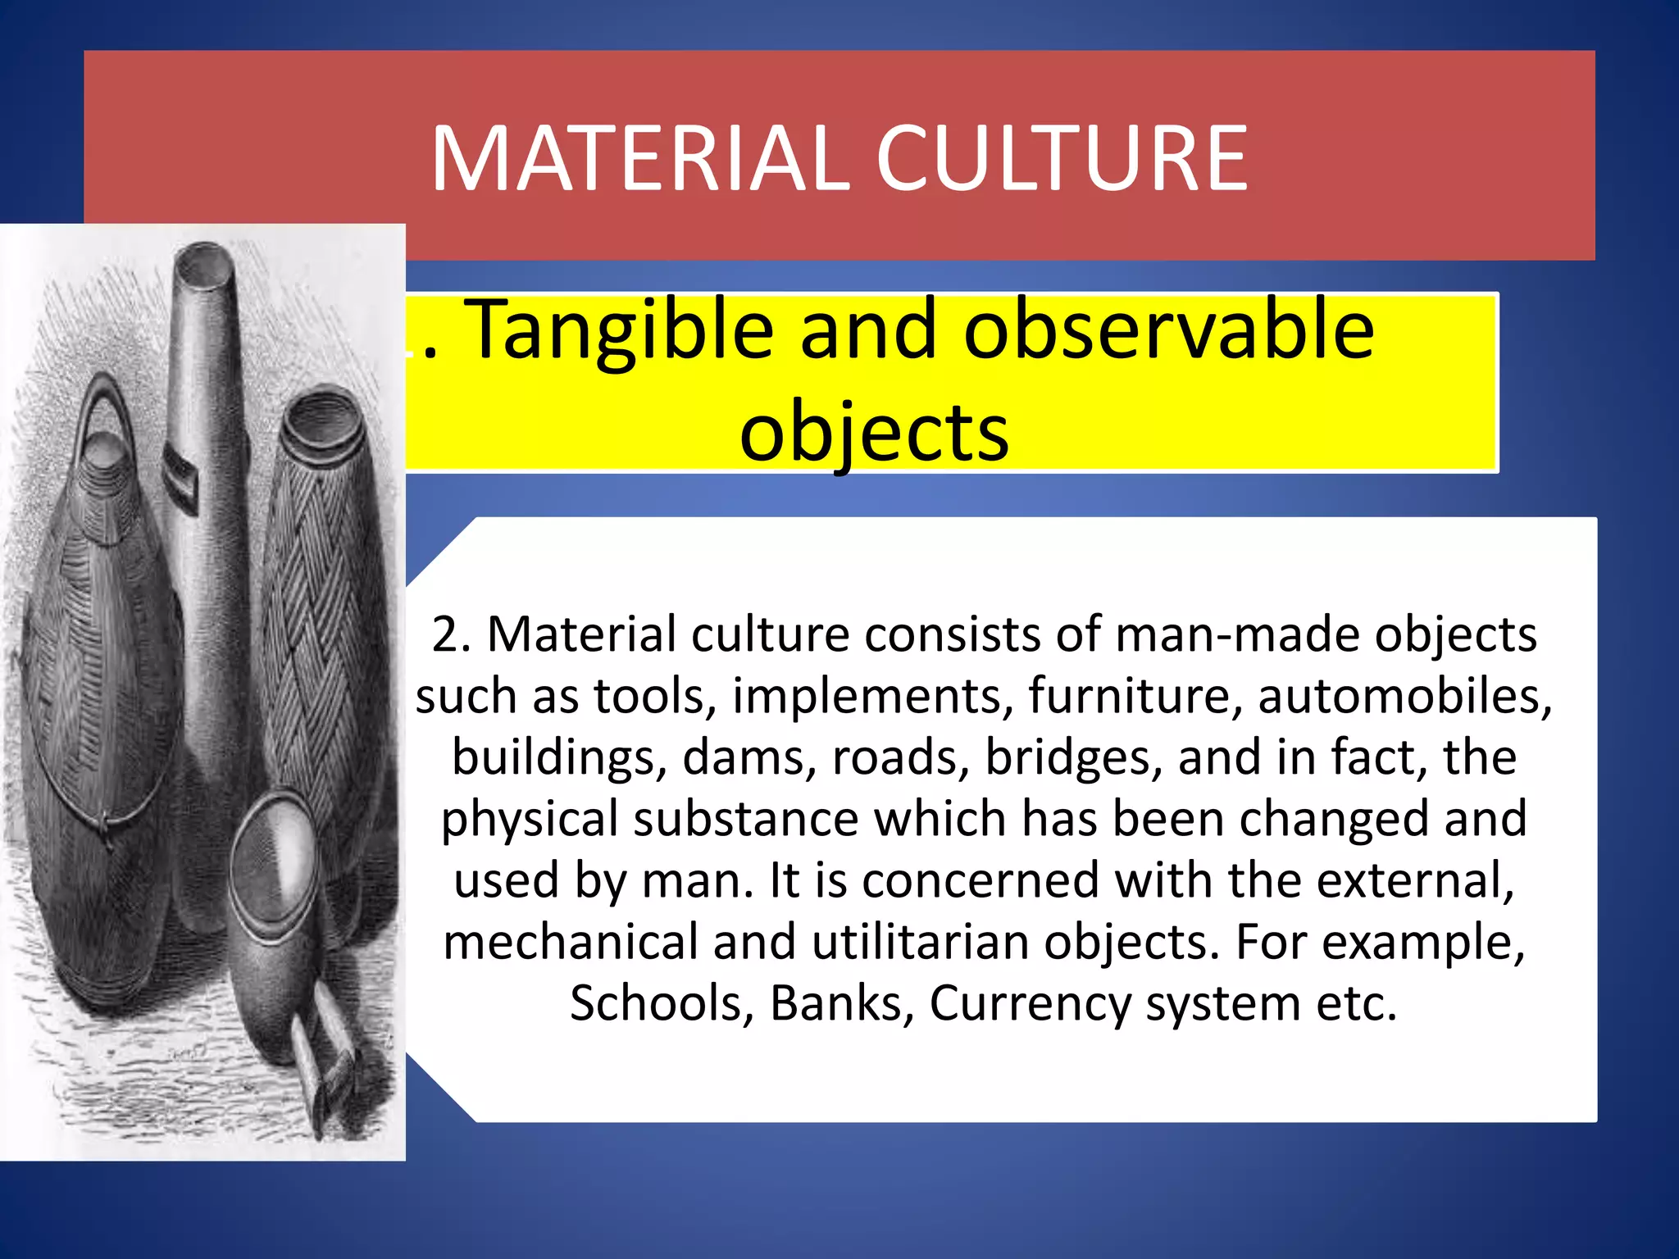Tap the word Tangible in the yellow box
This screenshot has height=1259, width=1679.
point(623,330)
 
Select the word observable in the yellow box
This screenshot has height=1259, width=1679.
point(1168,330)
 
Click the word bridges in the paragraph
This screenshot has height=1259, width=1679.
point(1074,757)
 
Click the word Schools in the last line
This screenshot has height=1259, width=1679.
point(656,1003)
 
